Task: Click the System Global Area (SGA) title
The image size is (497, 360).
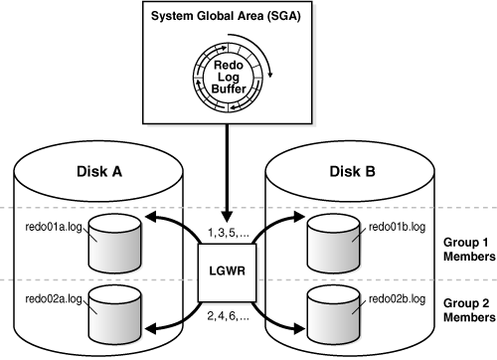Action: point(226,16)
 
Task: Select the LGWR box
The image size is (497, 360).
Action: point(228,272)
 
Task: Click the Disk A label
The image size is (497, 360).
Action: point(99,172)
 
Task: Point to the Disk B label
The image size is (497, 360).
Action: point(352,172)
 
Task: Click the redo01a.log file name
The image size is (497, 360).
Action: point(54,227)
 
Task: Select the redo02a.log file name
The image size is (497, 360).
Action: point(54,299)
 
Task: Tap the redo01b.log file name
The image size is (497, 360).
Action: point(397,227)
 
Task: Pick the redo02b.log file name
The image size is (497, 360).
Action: point(397,299)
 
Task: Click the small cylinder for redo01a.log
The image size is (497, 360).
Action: point(114,244)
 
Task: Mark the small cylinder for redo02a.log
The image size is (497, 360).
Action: point(114,315)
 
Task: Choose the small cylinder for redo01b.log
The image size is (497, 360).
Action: point(333,244)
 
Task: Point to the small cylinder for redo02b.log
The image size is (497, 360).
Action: point(333,315)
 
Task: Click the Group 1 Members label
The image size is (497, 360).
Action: point(469,250)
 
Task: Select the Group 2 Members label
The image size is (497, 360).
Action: point(469,310)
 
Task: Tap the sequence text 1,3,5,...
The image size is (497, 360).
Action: point(229,233)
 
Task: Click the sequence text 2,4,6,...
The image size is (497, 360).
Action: point(229,316)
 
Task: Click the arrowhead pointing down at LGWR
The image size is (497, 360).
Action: point(227,217)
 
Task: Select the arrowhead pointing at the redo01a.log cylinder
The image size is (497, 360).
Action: point(151,218)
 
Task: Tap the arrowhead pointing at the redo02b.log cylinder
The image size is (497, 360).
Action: point(298,328)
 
